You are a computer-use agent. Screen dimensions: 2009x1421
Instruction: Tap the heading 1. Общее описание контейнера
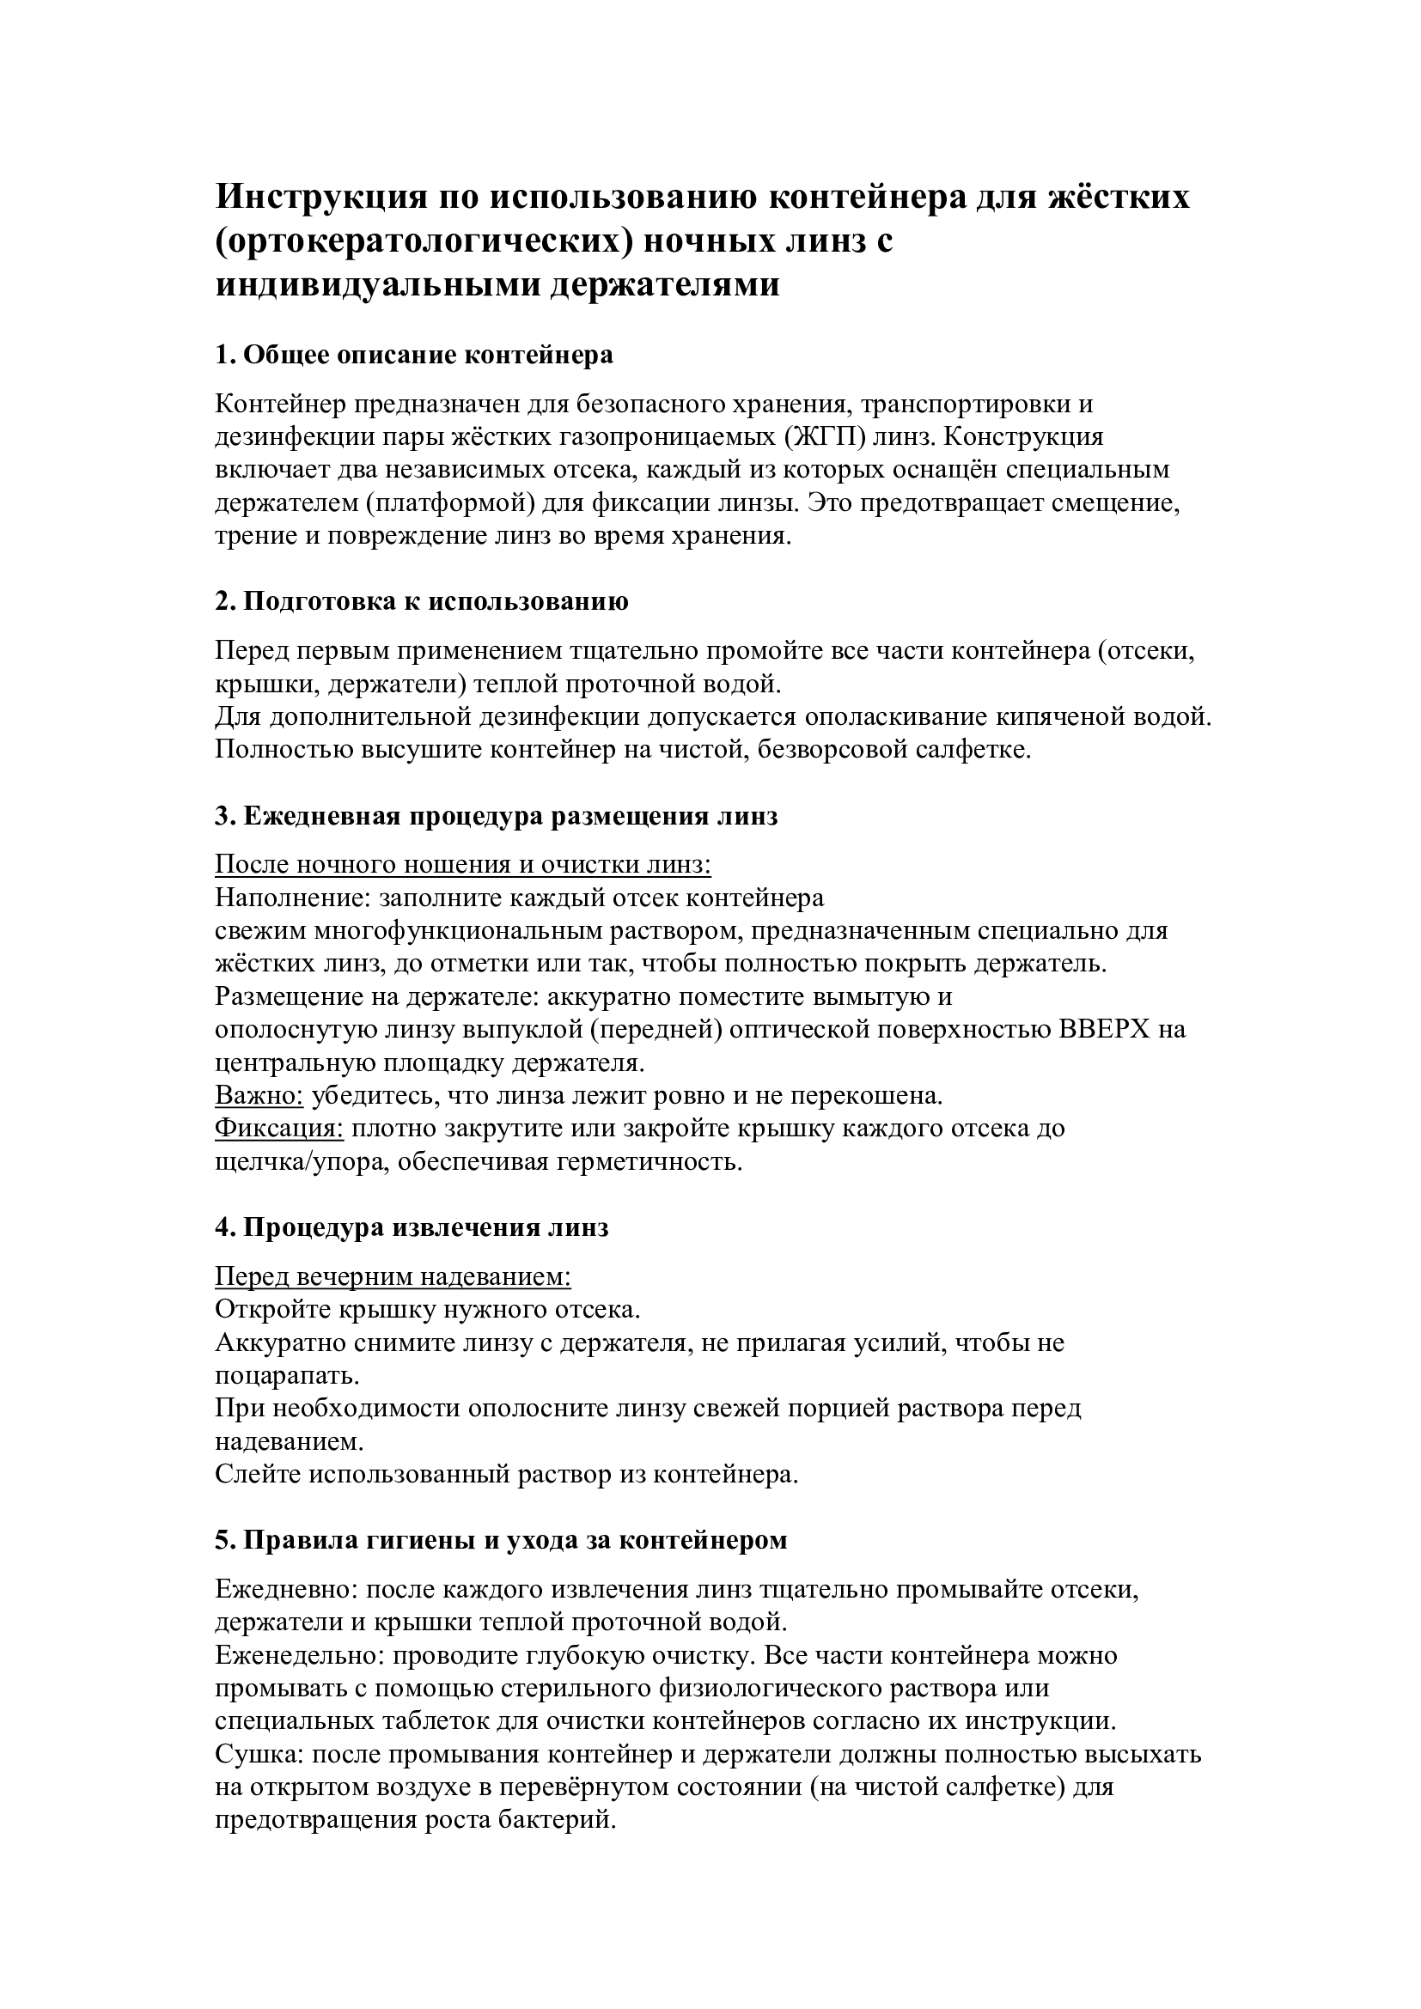tap(414, 356)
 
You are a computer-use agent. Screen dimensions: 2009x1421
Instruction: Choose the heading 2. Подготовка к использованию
tap(422, 602)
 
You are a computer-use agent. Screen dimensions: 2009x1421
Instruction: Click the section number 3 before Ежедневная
tap(222, 816)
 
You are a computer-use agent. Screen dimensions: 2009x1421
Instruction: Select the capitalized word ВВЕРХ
tap(1106, 1030)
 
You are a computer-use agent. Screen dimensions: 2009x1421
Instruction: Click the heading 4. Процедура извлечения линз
tap(412, 1227)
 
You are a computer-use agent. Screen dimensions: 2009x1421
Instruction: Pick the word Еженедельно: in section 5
tap(299, 1655)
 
